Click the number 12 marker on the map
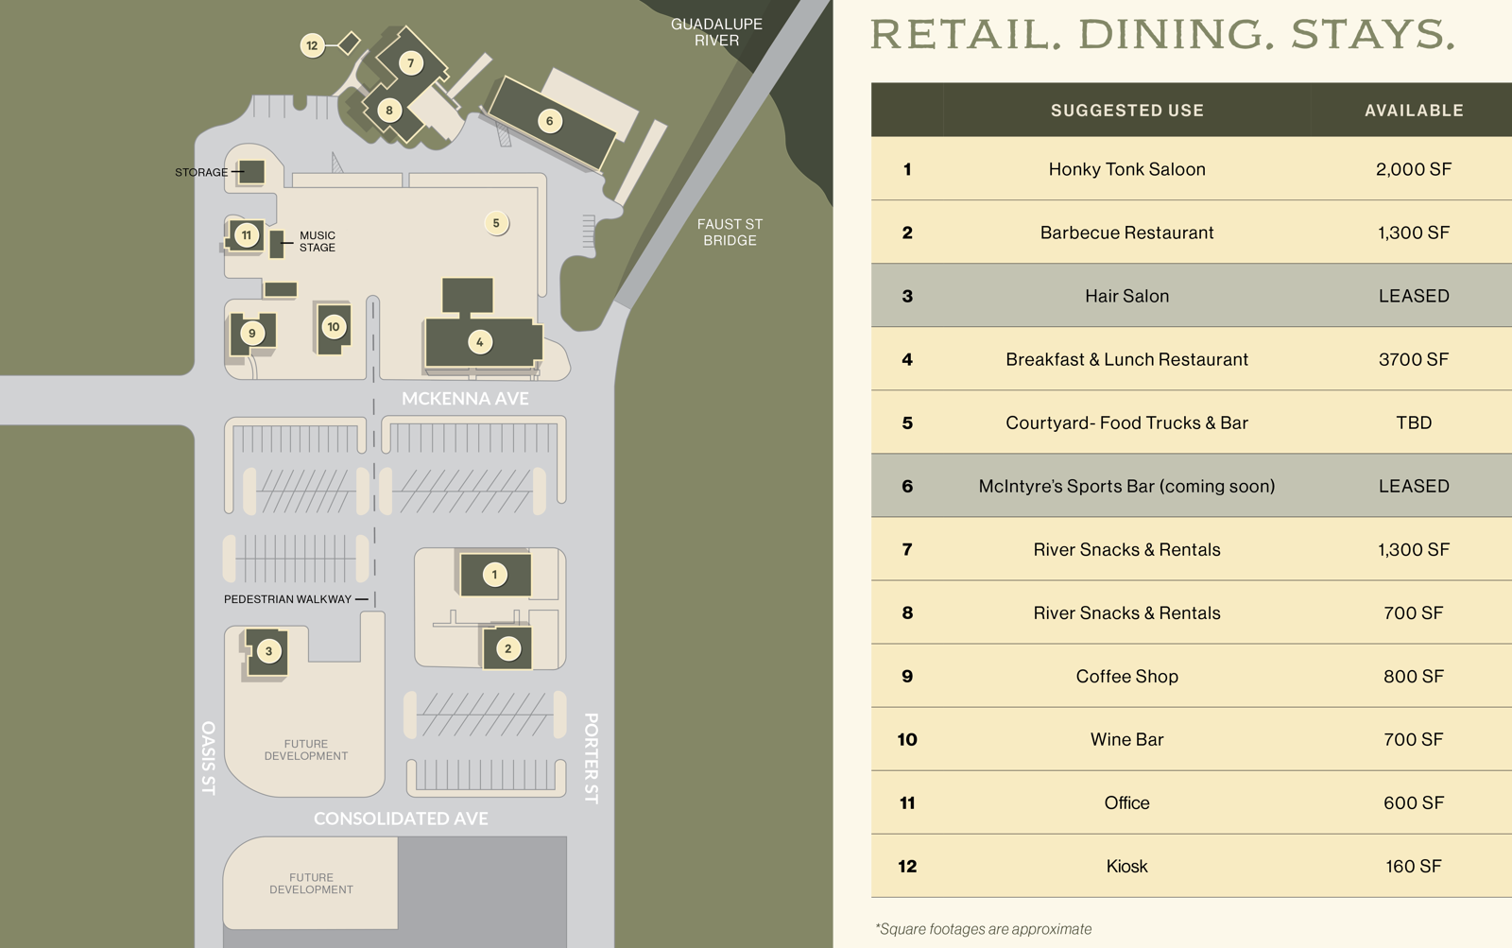click(x=312, y=45)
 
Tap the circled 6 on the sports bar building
click(x=550, y=121)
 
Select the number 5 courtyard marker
click(x=496, y=223)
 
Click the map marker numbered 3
click(x=268, y=651)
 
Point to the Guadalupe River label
click(x=716, y=32)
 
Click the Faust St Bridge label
click(x=730, y=232)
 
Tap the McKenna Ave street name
click(x=465, y=399)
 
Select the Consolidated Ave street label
click(x=401, y=819)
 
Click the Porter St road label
click(x=592, y=758)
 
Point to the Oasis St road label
click(x=209, y=758)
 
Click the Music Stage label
click(x=317, y=241)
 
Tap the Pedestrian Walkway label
click(x=287, y=599)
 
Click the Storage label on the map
click(x=201, y=172)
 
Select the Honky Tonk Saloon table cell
click(x=1126, y=169)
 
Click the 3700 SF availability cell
click(x=1413, y=359)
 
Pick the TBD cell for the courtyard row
click(x=1414, y=422)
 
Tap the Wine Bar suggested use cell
click(x=1126, y=739)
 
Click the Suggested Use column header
click(x=1126, y=111)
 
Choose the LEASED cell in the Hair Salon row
click(x=1413, y=296)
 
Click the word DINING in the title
click(x=1170, y=35)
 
